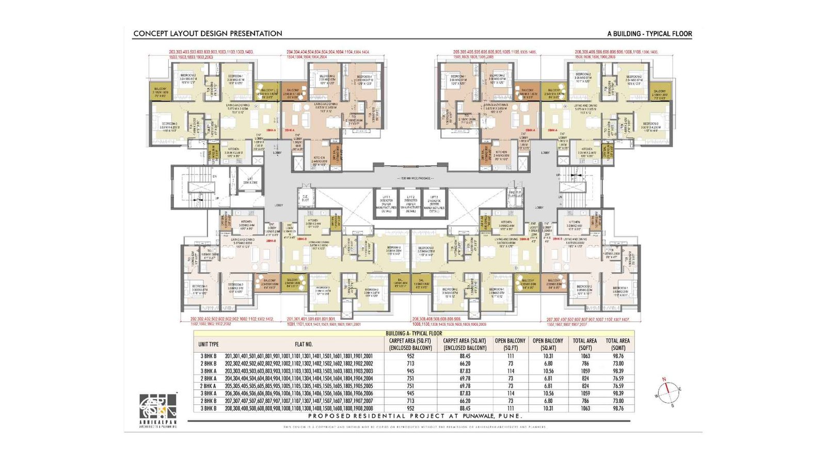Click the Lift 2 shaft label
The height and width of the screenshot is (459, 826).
(410, 203)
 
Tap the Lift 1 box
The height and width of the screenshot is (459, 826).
(387, 203)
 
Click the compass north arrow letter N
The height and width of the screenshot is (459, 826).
(664, 379)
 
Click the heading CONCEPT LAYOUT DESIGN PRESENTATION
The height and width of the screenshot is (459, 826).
(208, 34)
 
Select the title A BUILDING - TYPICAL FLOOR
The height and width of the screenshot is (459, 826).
(649, 34)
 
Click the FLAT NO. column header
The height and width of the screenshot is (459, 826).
(304, 344)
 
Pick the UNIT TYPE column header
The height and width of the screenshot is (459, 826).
(209, 344)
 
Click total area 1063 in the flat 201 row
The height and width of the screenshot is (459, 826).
(585, 356)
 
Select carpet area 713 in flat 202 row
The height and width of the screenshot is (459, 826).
(410, 363)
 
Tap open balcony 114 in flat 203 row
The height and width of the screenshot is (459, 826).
(510, 371)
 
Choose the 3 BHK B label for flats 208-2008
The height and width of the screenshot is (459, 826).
(209, 408)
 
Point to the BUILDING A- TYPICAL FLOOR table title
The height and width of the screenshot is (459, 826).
(414, 334)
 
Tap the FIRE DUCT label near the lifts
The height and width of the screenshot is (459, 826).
(515, 194)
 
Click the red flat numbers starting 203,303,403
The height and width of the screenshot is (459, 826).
(211, 55)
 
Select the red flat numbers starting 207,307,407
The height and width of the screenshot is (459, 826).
(587, 322)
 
